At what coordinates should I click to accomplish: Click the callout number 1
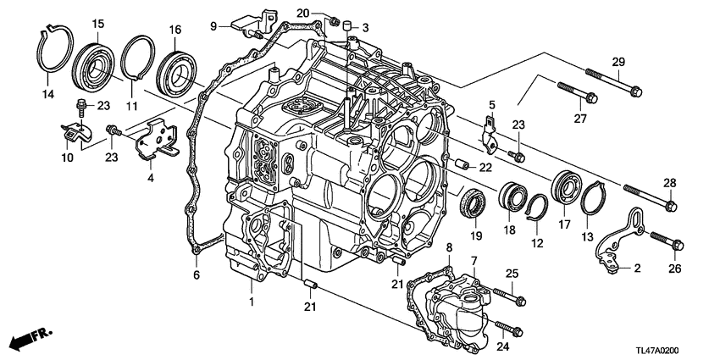252,302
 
